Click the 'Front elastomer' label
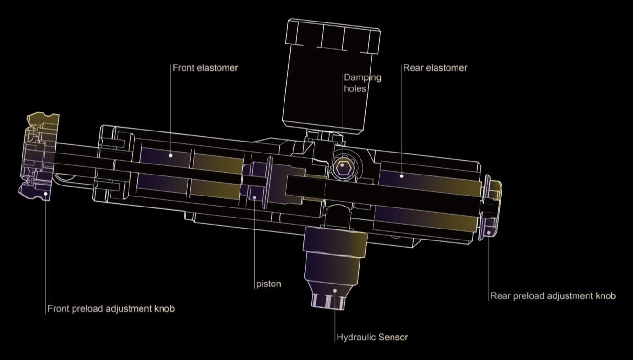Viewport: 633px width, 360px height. [205, 68]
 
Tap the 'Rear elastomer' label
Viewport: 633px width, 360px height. [435, 68]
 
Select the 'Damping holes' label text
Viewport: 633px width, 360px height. [362, 83]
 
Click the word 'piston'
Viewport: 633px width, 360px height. [269, 284]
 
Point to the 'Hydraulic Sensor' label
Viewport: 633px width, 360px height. [372, 337]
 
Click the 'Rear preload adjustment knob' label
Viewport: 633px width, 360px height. [553, 296]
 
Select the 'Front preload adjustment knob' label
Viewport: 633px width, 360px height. [111, 308]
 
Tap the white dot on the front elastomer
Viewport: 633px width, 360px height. [170, 155]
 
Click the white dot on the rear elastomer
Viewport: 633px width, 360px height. [401, 176]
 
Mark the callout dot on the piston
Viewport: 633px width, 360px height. [254, 197]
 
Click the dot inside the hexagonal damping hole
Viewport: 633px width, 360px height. [342, 165]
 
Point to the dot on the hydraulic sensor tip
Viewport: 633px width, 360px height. [335, 291]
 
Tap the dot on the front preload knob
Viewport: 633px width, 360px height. [45, 194]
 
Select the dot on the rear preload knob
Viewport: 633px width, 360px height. [488, 232]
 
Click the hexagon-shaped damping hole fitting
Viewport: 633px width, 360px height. [343, 167]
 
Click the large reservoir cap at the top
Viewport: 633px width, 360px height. [333, 36]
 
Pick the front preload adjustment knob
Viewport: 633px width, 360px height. [39, 156]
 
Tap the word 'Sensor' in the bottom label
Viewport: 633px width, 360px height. [393, 337]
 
